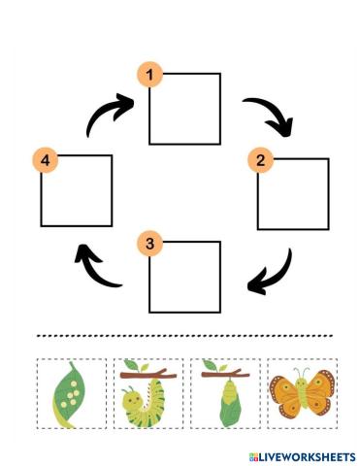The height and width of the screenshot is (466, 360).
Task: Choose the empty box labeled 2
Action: click(293, 193)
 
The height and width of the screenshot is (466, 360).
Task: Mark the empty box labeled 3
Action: click(184, 278)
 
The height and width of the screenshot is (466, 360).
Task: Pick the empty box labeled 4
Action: click(77, 191)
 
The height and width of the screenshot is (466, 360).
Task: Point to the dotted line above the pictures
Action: click(184, 337)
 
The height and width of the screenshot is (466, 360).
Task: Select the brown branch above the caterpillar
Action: click(147, 372)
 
